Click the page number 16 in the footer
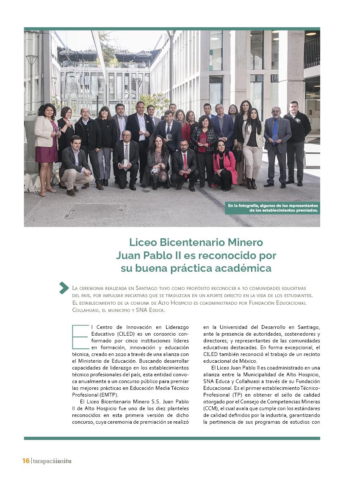[26, 461]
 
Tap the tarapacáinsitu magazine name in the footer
[52, 461]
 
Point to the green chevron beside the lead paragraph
[64, 288]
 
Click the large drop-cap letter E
[80, 337]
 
